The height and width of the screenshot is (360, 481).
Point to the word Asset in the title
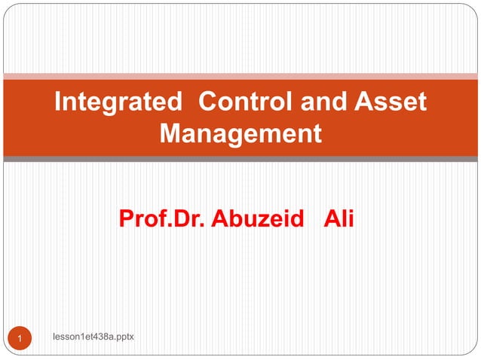click(391, 102)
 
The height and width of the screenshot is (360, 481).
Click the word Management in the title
click(240, 133)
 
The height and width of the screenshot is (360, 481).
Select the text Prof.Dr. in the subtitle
click(162, 219)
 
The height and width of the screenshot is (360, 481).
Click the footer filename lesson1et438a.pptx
click(92, 336)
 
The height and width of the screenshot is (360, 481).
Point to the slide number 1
click(20, 339)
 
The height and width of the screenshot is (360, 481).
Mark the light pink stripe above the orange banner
click(240, 76)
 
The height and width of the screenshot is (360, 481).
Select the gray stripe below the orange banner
click(240, 159)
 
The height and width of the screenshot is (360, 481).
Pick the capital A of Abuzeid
click(220, 219)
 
